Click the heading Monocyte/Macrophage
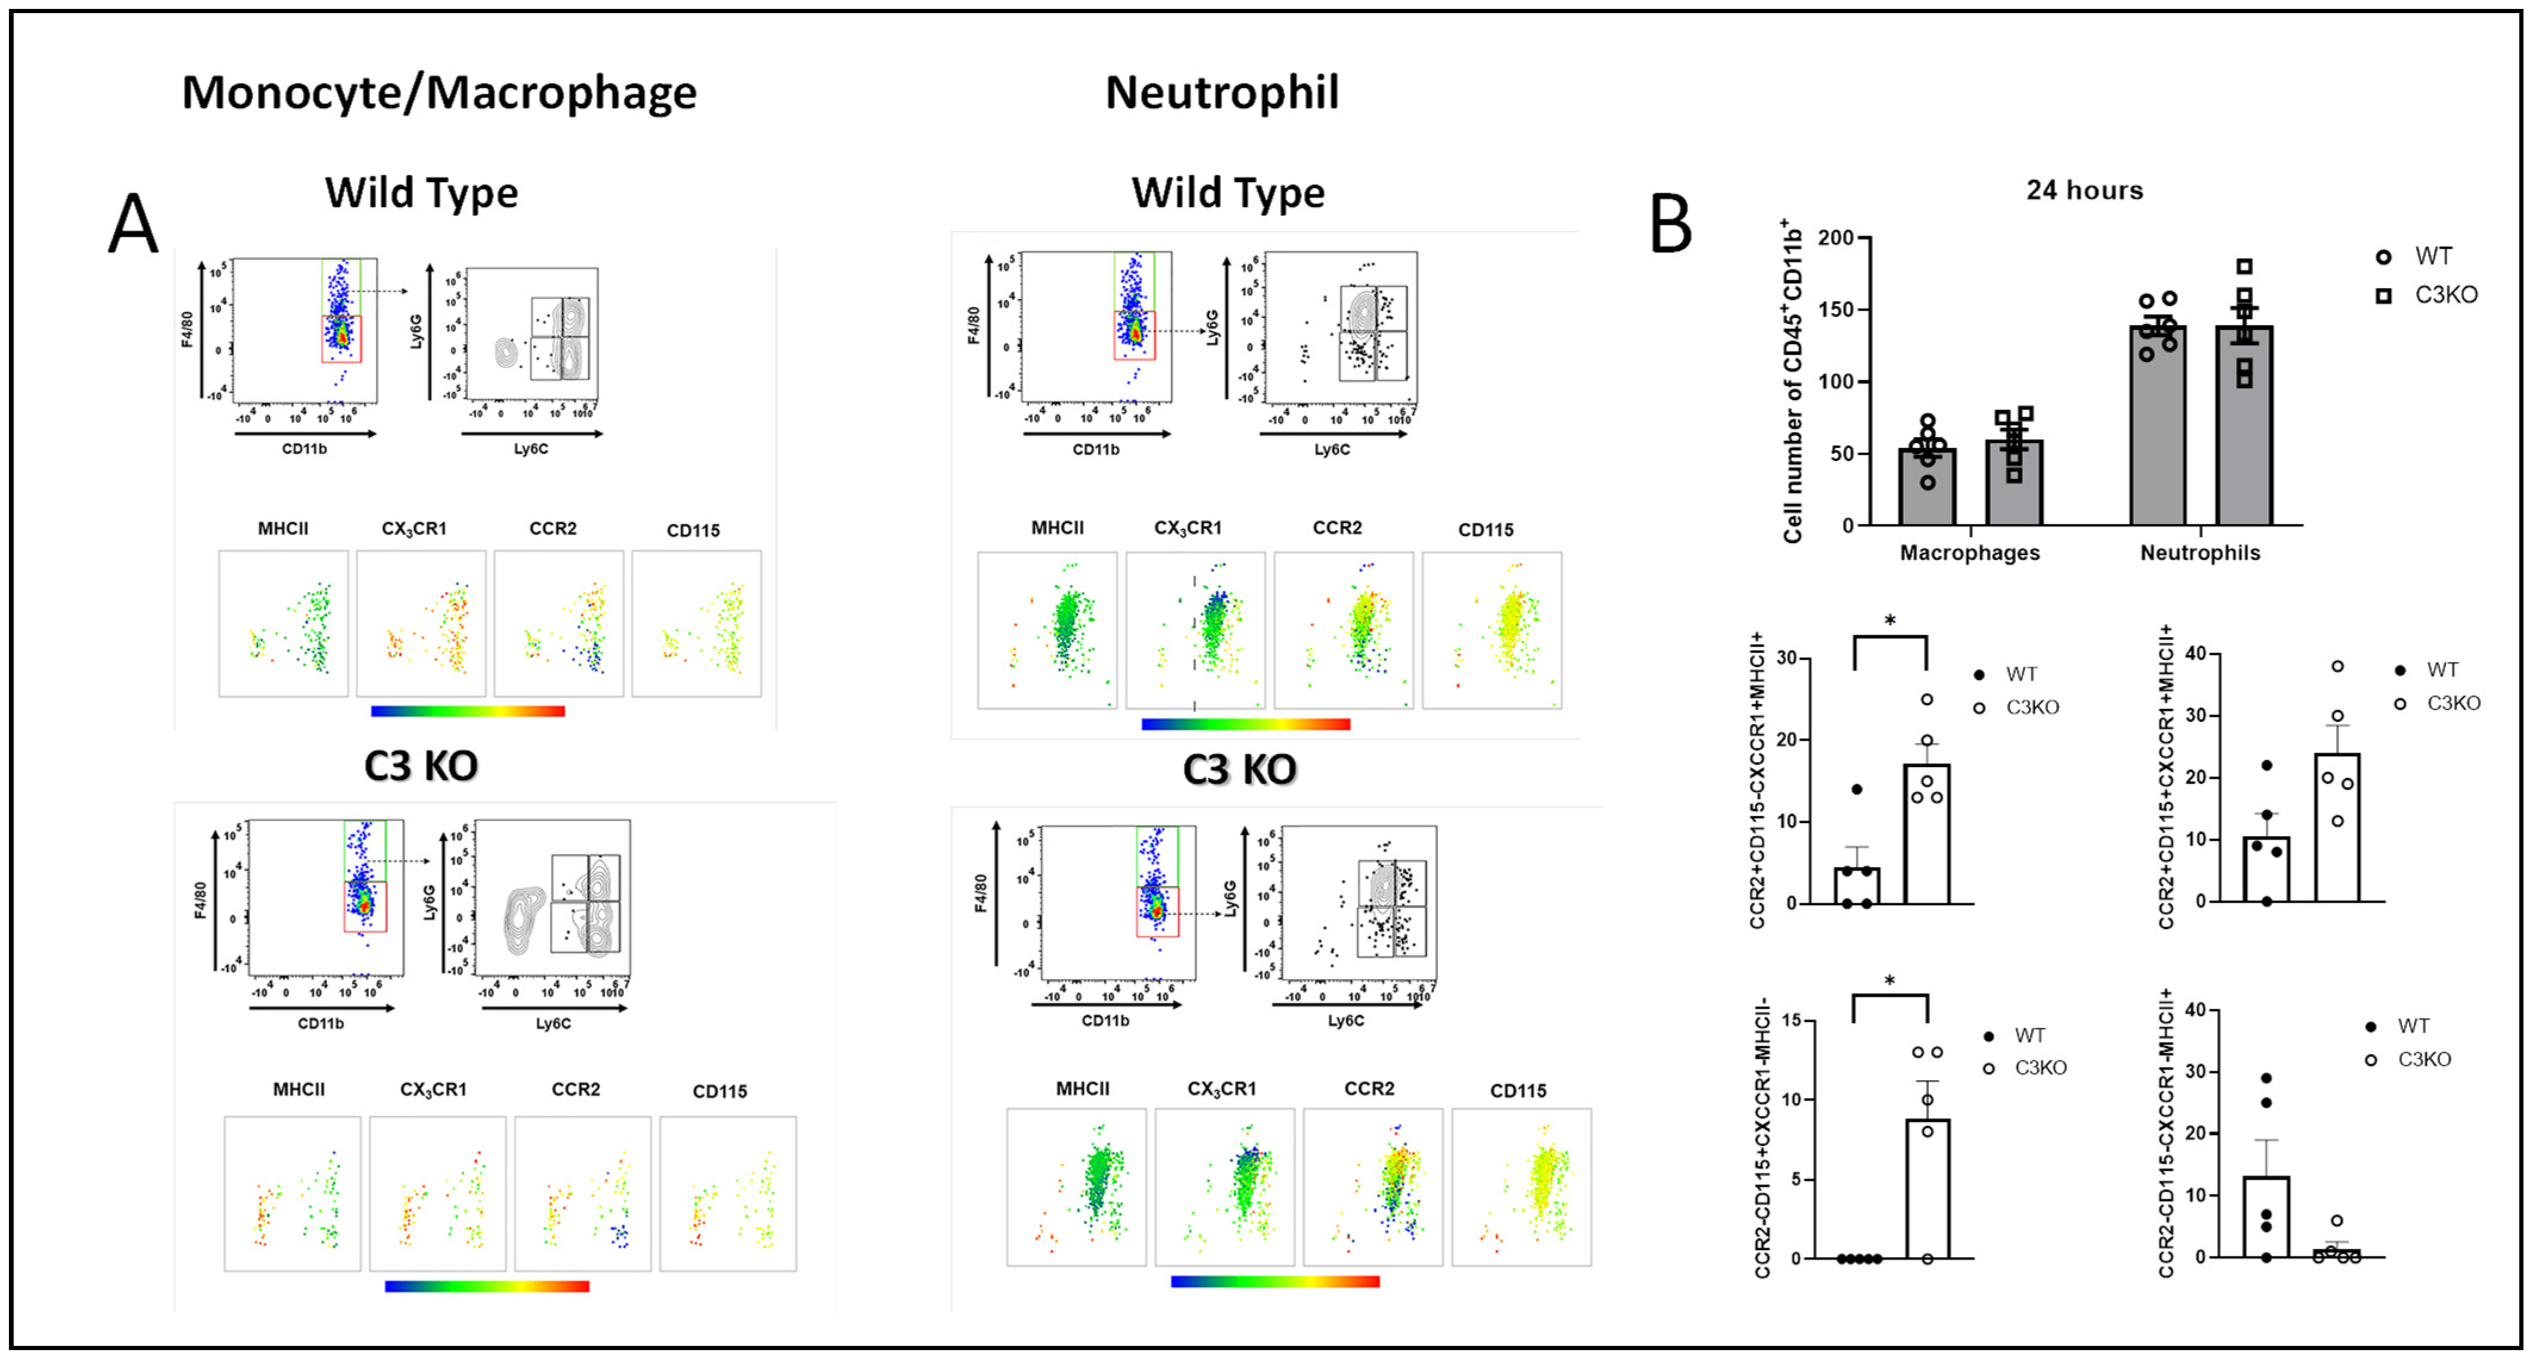tap(439, 93)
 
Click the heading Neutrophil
tap(1222, 93)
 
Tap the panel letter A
tap(133, 225)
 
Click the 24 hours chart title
tap(2084, 191)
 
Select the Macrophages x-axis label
tap(1969, 553)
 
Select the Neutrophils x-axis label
tap(2200, 553)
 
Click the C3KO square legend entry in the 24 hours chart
tap(2445, 295)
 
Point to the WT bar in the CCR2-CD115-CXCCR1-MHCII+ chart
tap(2266, 1218)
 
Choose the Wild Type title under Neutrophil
tap(1227, 192)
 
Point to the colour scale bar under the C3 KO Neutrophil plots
tap(1275, 1282)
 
